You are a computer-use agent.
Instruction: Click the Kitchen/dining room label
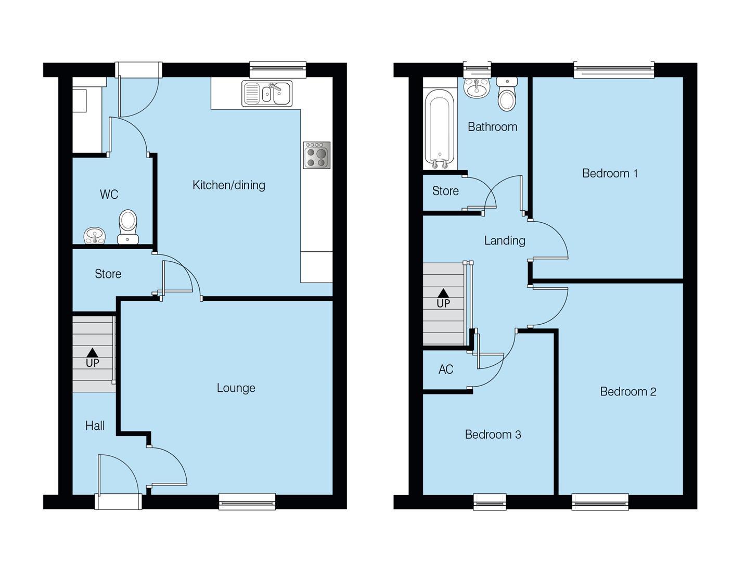[x=228, y=185]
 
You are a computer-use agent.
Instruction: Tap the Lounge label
[x=236, y=388]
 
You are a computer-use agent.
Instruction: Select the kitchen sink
[x=267, y=94]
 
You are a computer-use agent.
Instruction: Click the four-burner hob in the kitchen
[x=316, y=155]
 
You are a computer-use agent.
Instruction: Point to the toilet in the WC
[x=128, y=226]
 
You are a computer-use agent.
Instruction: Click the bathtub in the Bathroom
[x=440, y=128]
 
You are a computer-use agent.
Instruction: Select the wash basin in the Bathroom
[x=477, y=88]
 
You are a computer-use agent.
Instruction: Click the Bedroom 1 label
[x=610, y=174]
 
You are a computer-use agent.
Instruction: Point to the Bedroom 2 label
[x=628, y=392]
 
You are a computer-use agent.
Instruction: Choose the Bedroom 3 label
[x=493, y=435]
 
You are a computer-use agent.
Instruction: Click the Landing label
[x=505, y=240]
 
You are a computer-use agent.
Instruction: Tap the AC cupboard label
[x=446, y=369]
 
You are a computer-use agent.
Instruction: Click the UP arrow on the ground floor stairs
[x=93, y=353]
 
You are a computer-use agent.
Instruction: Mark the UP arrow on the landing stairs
[x=443, y=294]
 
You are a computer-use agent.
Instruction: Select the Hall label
[x=95, y=426]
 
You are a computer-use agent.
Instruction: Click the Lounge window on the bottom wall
[x=247, y=501]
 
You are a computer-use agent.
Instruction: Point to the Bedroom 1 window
[x=613, y=69]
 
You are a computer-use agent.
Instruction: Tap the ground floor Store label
[x=108, y=274]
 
